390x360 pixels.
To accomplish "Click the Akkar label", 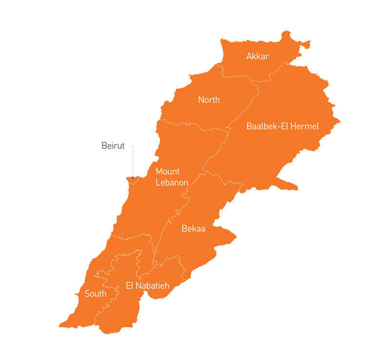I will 257,57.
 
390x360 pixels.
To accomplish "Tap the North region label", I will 209,100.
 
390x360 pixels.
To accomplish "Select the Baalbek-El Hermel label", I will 282,126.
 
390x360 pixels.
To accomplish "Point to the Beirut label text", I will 113,145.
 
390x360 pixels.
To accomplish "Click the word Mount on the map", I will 168,172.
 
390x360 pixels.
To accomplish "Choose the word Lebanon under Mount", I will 172,182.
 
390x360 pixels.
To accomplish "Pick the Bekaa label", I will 193,228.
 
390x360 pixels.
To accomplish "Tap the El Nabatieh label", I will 147,285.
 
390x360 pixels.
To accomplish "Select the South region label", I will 96,294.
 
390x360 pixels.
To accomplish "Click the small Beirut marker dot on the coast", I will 132,179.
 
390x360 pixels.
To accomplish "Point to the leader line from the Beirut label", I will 132,161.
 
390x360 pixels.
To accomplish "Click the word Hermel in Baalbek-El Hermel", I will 304,126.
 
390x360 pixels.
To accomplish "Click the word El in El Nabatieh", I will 129,285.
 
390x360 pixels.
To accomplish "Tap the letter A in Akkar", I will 249,57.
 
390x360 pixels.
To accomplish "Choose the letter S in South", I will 87,294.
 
